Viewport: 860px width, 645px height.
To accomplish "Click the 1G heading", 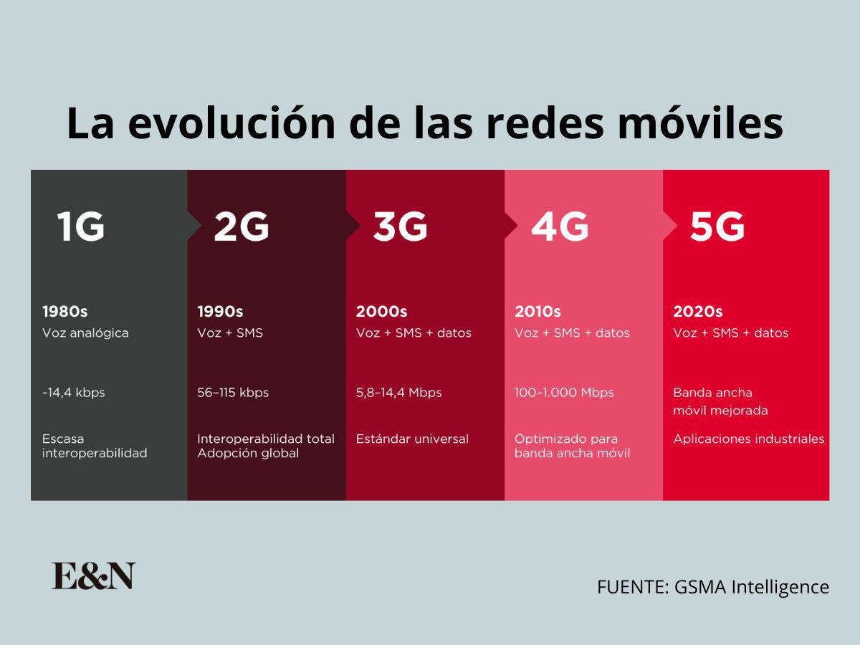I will (x=81, y=227).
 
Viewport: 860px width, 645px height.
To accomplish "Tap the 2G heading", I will (x=241, y=227).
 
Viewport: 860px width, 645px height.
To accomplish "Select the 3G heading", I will (x=400, y=227).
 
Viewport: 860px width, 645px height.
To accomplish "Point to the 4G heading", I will (x=559, y=227).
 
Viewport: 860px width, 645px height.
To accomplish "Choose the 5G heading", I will (x=717, y=227).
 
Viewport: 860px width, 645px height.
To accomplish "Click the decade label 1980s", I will (x=64, y=312).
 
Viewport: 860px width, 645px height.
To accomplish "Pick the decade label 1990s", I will (x=220, y=312).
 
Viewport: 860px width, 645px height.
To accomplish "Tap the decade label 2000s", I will (x=381, y=312).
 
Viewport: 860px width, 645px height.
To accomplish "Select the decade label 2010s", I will (x=537, y=312).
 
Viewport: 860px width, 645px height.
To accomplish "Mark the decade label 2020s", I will (x=697, y=312).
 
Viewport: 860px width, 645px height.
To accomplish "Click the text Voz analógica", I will (x=85, y=333).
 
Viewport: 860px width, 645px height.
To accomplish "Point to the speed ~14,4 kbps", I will (x=73, y=393).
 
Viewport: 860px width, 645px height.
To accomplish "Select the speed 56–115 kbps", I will (x=233, y=393).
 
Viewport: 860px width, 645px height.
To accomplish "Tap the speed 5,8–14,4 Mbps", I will (x=398, y=393).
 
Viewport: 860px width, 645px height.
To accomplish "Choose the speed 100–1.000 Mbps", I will (x=564, y=393).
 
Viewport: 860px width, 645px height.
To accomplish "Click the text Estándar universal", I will (x=412, y=439).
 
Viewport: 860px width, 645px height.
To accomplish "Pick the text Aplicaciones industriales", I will (x=749, y=439).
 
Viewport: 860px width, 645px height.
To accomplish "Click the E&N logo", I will (x=93, y=576).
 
